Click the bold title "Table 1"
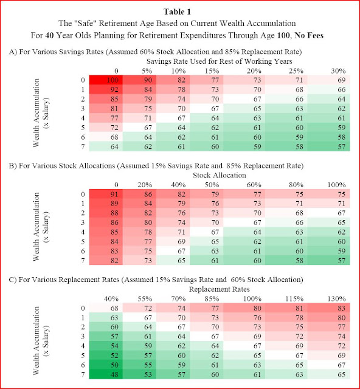(x=178, y=12)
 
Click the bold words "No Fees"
(x=309, y=35)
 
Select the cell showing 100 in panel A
(x=106, y=80)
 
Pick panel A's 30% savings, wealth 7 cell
(x=329, y=146)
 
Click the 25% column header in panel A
(x=296, y=71)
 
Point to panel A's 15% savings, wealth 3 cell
(x=206, y=108)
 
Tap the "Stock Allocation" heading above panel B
(x=220, y=175)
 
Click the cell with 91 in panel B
(x=106, y=194)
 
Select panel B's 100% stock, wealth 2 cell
(x=329, y=213)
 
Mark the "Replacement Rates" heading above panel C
(x=220, y=289)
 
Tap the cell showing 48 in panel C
(x=106, y=374)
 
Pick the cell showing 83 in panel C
(x=329, y=308)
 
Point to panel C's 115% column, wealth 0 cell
(x=286, y=308)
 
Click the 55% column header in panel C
(x=145, y=298)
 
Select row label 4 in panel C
(x=83, y=346)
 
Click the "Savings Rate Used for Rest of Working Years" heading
(x=220, y=61)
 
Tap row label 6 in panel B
(x=83, y=251)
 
